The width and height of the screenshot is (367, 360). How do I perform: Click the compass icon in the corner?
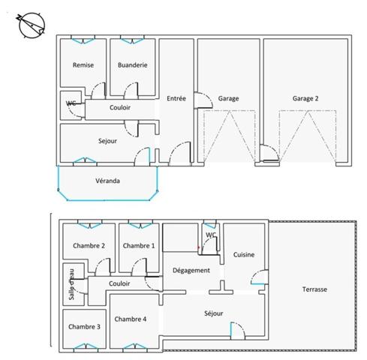click(27, 25)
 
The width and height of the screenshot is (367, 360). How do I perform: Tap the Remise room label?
click(83, 66)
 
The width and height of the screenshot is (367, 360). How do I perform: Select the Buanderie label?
click(132, 66)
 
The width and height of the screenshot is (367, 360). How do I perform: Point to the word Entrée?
click(176, 98)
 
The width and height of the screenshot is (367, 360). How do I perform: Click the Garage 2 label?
click(305, 98)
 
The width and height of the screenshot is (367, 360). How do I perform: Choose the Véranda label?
click(107, 181)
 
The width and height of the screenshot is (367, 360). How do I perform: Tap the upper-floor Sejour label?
click(108, 140)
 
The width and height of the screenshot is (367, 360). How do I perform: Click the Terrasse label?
click(314, 289)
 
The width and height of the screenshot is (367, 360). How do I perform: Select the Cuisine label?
click(244, 255)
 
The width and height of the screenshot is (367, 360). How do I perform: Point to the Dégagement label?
click(191, 270)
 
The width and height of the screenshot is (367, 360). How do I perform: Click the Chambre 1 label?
click(139, 246)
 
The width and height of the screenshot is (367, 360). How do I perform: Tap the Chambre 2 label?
click(89, 246)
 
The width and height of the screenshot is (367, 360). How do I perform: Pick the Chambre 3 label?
click(83, 327)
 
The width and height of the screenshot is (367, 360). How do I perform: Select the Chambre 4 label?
click(131, 319)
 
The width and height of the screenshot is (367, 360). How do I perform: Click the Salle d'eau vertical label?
click(71, 284)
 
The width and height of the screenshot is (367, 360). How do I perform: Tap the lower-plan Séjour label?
click(214, 313)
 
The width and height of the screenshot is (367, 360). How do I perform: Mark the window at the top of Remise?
click(83, 38)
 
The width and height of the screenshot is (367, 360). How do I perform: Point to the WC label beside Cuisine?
click(211, 235)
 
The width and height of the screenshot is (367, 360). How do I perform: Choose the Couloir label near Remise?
click(120, 107)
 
